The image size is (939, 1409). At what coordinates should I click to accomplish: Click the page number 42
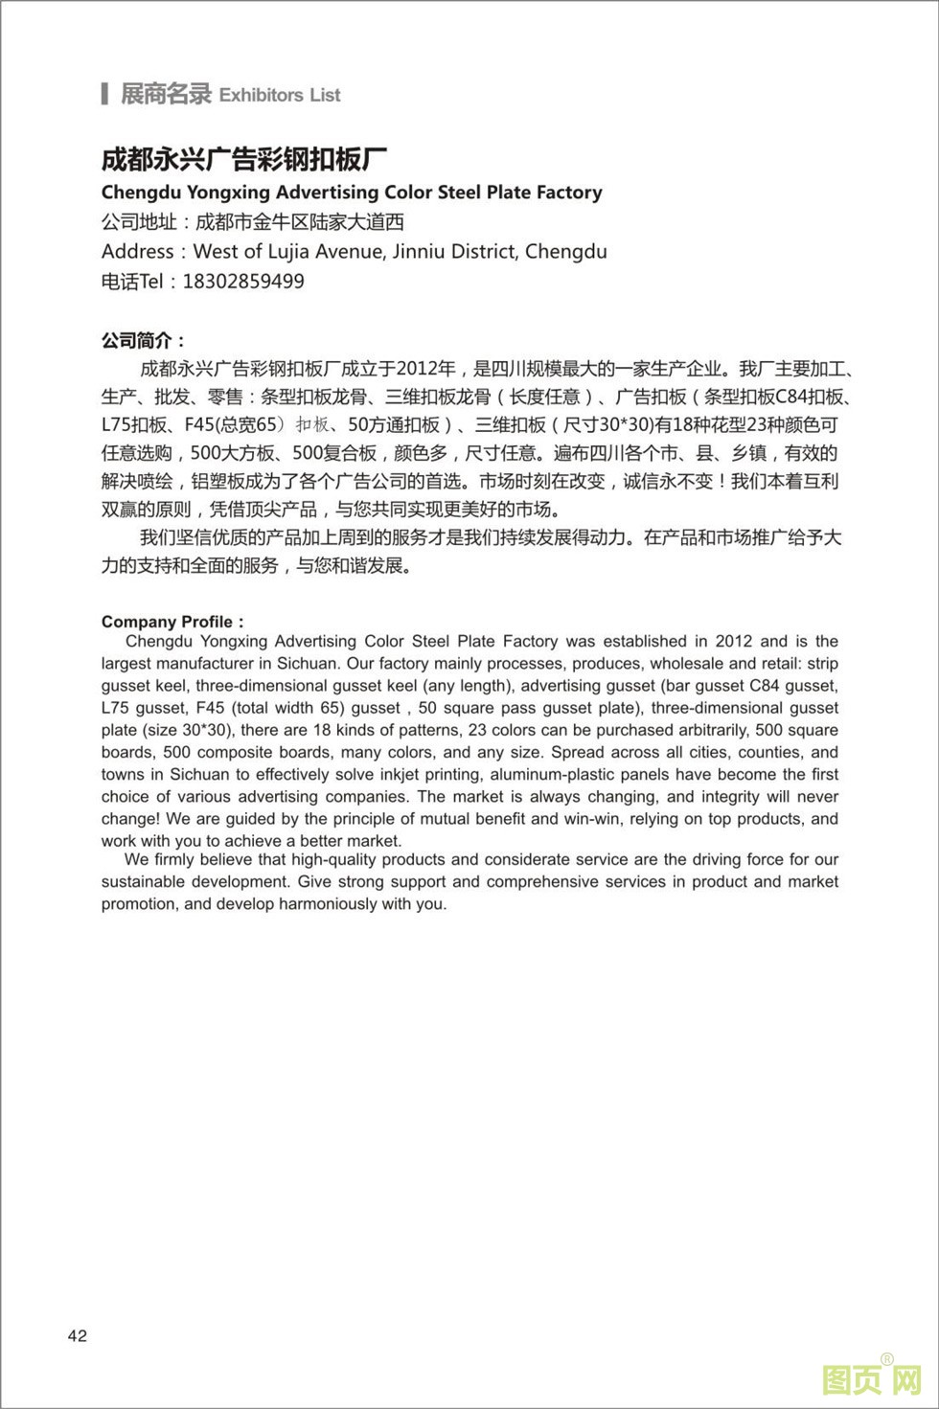(78, 1336)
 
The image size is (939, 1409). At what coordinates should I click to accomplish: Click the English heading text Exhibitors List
(280, 95)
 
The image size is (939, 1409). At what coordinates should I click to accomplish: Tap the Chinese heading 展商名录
(166, 94)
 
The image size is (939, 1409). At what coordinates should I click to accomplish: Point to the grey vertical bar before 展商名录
(104, 94)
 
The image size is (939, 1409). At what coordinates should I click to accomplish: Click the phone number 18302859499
(243, 282)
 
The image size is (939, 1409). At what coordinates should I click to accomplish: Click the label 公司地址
(139, 222)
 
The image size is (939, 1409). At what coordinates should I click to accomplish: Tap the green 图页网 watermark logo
(871, 1380)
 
